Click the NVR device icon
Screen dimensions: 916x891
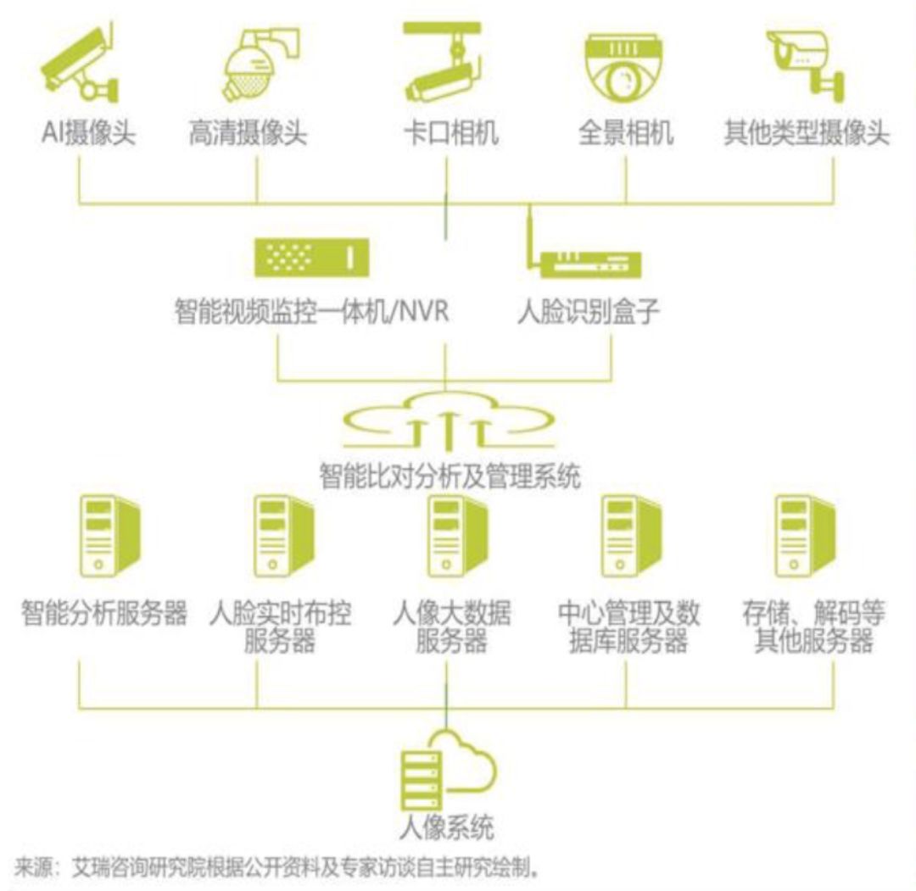coord(311,256)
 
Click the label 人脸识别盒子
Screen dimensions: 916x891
coord(588,312)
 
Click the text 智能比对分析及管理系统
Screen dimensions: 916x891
coord(450,475)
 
